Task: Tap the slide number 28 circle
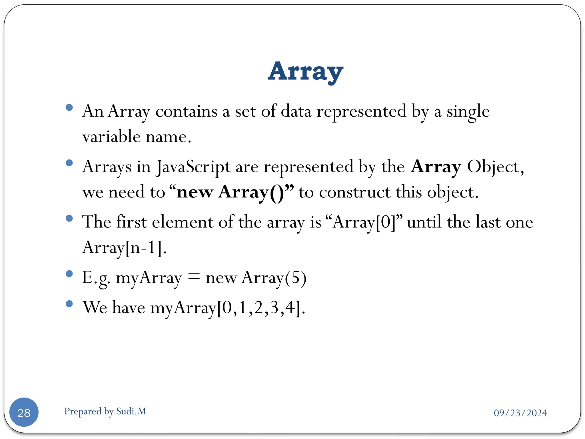click(24, 412)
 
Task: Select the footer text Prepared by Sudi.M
click(105, 411)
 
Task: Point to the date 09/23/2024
click(520, 413)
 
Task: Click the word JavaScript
click(193, 167)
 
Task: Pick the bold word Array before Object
click(436, 167)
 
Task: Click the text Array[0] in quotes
click(364, 222)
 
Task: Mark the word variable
click(111, 137)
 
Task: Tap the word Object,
click(495, 167)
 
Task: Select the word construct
click(354, 192)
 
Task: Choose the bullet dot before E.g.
click(69, 274)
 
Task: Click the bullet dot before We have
click(69, 304)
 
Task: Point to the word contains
click(186, 111)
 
